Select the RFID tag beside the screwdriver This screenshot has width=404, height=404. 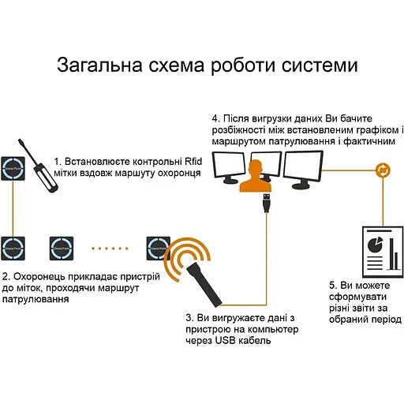[x=13, y=169]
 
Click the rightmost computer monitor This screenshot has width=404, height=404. [x=305, y=168]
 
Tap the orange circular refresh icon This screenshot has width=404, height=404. [x=382, y=169]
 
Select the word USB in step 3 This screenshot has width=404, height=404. [x=224, y=341]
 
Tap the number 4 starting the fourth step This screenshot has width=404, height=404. [x=215, y=118]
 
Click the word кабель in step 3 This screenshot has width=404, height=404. [x=256, y=341]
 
